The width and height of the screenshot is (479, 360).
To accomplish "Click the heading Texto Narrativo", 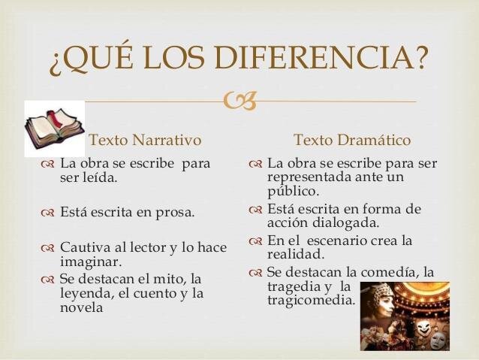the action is (x=145, y=140).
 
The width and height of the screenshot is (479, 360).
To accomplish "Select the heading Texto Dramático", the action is (x=352, y=140).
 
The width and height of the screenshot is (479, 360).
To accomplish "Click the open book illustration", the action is (x=54, y=129).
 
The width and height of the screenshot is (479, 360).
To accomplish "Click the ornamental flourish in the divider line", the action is (x=239, y=101).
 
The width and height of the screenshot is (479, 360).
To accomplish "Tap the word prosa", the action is (x=175, y=213).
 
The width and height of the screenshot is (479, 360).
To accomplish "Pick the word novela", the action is (x=81, y=307).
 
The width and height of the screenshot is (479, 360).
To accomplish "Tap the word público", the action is (x=294, y=192).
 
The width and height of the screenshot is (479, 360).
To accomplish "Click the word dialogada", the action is (x=345, y=222).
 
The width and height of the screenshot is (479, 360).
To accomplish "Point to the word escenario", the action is (x=336, y=241).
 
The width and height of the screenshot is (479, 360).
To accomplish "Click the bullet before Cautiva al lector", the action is (x=47, y=248).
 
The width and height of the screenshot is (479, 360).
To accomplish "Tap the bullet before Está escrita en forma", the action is (x=255, y=210).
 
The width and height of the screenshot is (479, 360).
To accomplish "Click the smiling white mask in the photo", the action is (x=423, y=327).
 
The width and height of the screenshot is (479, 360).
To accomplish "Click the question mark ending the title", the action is (x=419, y=57).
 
